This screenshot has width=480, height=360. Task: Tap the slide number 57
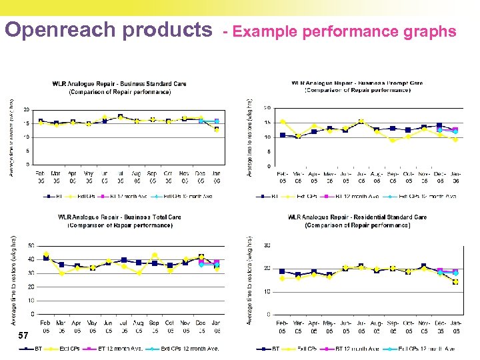tap(23, 335)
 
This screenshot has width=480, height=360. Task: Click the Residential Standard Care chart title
tap(357, 221)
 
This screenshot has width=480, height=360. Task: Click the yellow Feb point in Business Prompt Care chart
tap(283, 122)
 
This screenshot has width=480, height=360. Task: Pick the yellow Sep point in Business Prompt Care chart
tap(393, 141)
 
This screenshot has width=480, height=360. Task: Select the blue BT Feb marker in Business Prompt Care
tap(283, 135)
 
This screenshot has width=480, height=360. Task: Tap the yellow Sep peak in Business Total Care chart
tap(155, 255)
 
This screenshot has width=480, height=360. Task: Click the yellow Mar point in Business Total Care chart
tap(61, 273)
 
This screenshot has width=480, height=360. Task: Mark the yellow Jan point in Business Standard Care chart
tap(217, 130)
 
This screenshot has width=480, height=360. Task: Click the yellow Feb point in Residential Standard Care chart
tap(282, 279)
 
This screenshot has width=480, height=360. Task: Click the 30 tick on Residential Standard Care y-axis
tap(267, 246)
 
